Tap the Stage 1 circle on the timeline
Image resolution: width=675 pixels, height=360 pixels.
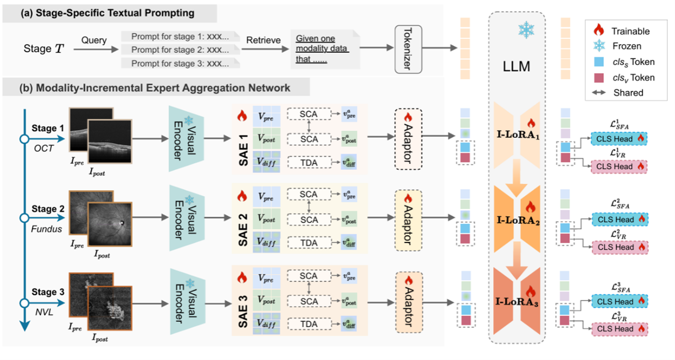pyautogui.click(x=24, y=138)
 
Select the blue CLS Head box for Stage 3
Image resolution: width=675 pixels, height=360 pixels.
pyautogui.click(x=619, y=302)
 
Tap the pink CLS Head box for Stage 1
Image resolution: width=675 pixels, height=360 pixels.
pyautogui.click(x=619, y=165)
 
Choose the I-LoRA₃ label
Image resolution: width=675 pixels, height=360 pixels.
pyautogui.click(x=517, y=303)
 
